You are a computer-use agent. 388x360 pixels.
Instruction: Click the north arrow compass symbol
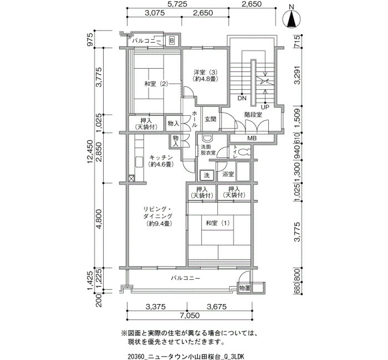[292, 18]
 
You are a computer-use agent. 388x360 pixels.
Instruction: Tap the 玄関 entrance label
[210, 119]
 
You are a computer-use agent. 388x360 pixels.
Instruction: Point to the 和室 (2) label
[156, 84]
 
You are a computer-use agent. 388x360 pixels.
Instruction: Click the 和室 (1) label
[218, 223]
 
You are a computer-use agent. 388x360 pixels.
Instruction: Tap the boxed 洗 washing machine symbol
[207, 175]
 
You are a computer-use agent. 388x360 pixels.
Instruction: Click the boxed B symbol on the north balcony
[172, 40]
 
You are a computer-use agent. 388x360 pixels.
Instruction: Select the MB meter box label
[252, 138]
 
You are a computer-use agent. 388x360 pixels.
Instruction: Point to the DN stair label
[242, 98]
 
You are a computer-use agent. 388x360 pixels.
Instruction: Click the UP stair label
[265, 107]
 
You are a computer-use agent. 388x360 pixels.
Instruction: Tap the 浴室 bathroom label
[228, 174]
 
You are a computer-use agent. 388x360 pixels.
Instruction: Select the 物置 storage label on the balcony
[245, 288]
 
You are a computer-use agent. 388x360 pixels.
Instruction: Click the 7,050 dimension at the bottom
[190, 316]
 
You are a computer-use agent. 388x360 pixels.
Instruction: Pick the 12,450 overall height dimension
[90, 151]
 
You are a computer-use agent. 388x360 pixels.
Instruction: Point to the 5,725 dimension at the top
[177, 4]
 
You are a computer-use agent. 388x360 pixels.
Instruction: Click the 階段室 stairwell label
[253, 115]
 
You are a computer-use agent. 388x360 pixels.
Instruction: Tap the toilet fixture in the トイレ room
[244, 151]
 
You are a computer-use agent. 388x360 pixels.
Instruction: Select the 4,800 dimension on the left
[99, 219]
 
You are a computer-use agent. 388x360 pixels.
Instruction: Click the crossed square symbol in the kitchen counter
[132, 178]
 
